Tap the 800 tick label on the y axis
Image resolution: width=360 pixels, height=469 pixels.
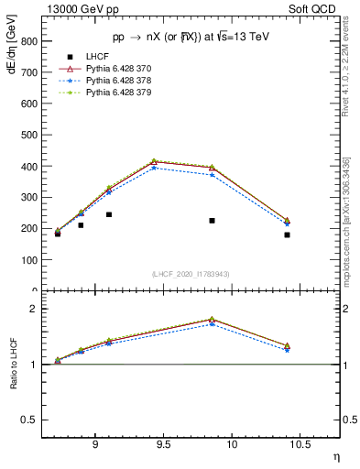point(29,41)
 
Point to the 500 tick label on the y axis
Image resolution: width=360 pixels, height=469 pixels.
point(29,135)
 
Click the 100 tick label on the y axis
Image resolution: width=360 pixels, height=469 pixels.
point(29,260)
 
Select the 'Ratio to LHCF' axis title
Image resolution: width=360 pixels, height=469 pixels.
point(12,365)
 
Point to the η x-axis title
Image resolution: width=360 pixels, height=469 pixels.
point(335,455)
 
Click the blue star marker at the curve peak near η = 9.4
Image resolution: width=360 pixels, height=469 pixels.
point(154,168)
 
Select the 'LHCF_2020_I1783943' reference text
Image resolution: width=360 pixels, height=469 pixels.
point(191,274)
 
